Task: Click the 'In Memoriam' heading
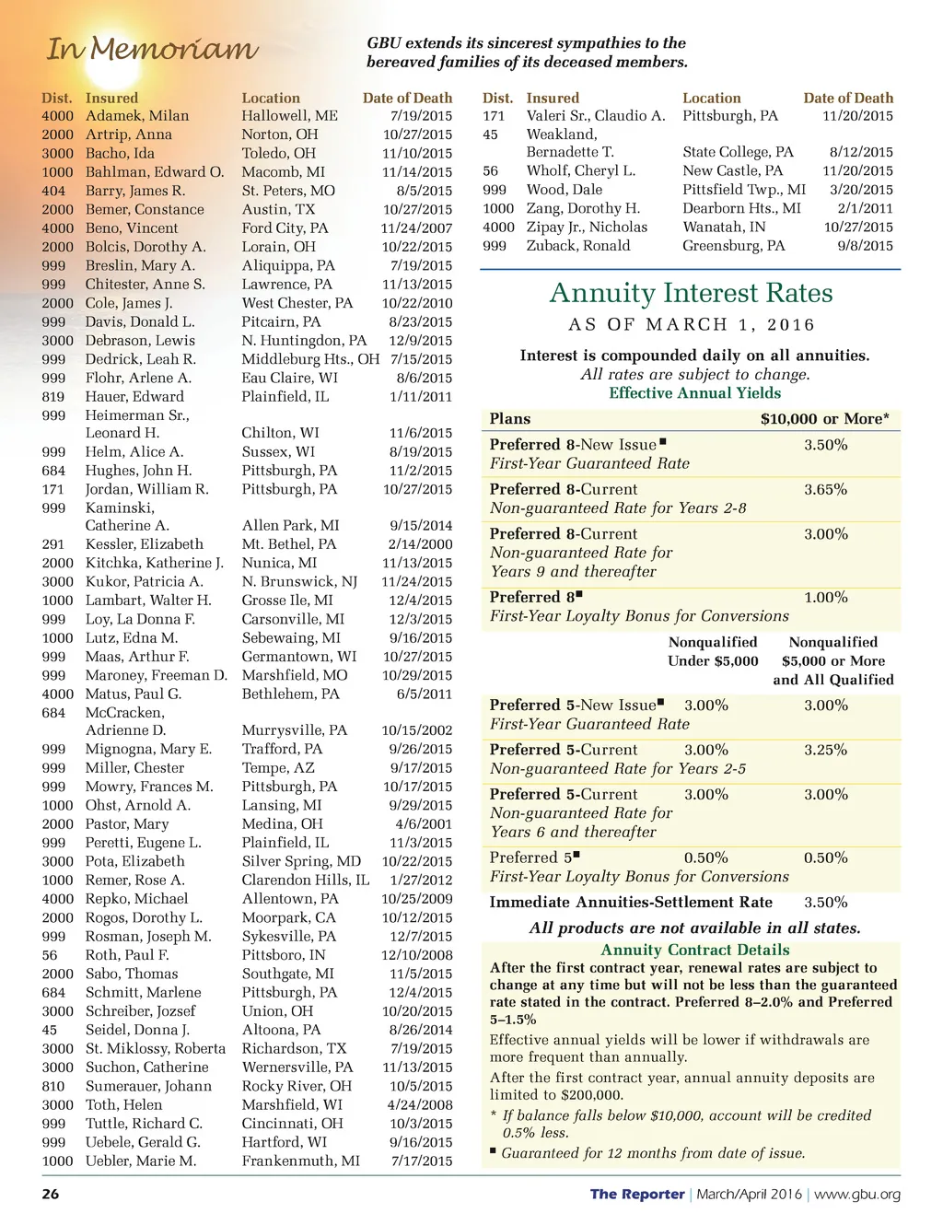(153, 48)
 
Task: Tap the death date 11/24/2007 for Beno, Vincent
(417, 228)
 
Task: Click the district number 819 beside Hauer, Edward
(53, 397)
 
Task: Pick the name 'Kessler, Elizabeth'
(145, 544)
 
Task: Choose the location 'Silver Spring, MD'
(301, 861)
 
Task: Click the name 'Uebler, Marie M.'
(141, 1161)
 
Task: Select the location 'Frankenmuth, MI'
(300, 1161)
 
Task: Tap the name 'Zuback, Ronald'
(578, 246)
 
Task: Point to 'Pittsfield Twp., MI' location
(744, 190)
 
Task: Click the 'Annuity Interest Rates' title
(691, 293)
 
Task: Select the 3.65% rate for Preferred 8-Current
(825, 490)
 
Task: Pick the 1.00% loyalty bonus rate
(825, 598)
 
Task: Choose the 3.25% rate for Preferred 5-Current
(825, 751)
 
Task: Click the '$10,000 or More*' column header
(825, 419)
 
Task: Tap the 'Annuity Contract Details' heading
(694, 950)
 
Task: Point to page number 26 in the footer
(51, 1194)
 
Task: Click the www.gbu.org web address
(857, 1195)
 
